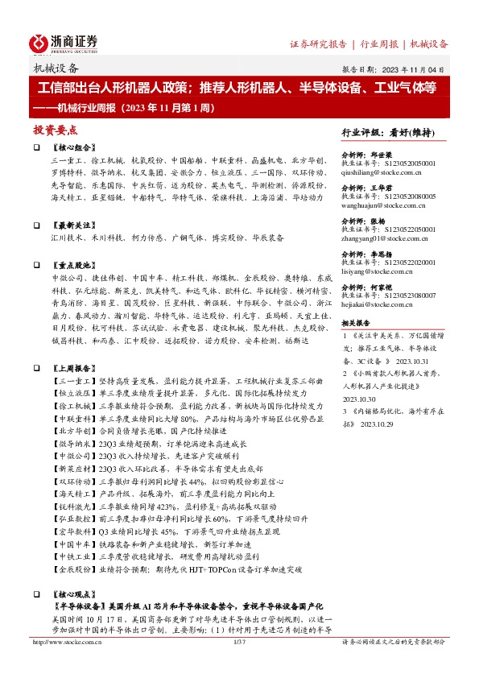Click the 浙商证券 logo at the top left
[64, 42]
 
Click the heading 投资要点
[55, 129]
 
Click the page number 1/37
[238, 642]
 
